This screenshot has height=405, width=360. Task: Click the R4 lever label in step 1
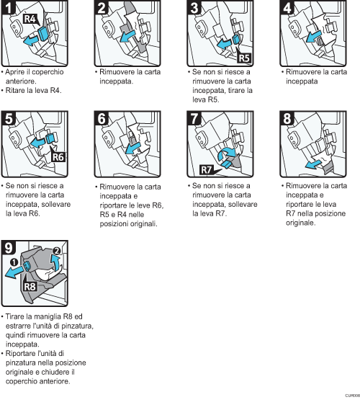tap(31, 21)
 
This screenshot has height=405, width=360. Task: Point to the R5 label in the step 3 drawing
tap(243, 58)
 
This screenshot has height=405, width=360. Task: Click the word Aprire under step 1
tap(18, 74)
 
